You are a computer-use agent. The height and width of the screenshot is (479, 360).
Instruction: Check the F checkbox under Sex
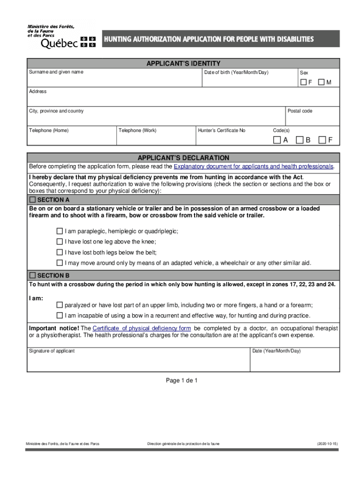click(x=303, y=82)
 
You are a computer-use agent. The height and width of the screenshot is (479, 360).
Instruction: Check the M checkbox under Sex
click(x=321, y=82)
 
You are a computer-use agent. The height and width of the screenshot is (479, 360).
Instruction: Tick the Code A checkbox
click(x=277, y=140)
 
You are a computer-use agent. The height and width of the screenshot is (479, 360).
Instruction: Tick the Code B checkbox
click(x=300, y=140)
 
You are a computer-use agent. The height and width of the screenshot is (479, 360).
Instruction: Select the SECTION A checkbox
click(x=33, y=200)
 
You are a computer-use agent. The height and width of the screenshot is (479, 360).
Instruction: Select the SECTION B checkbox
click(x=33, y=276)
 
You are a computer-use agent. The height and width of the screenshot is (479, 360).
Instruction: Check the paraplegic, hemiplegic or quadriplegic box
click(x=59, y=231)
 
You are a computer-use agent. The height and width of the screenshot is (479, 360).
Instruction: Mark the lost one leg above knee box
click(x=59, y=241)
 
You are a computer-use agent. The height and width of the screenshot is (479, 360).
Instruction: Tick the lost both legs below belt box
click(x=59, y=252)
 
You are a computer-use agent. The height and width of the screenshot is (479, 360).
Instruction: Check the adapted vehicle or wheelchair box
click(x=59, y=262)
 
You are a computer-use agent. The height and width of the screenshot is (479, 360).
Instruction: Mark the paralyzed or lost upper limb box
click(x=59, y=305)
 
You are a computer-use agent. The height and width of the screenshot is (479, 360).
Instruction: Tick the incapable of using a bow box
click(x=59, y=315)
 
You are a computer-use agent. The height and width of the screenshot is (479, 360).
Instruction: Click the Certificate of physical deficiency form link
click(x=142, y=328)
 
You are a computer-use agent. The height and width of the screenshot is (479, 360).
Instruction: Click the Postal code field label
click(x=300, y=111)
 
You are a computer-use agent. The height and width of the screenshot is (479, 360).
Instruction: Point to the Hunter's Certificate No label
click(x=222, y=131)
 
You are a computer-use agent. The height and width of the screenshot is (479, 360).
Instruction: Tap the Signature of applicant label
click(x=52, y=351)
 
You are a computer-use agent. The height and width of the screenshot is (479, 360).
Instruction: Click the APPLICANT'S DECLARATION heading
click(x=183, y=158)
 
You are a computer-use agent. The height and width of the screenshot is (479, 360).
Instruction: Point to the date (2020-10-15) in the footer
click(x=327, y=443)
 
